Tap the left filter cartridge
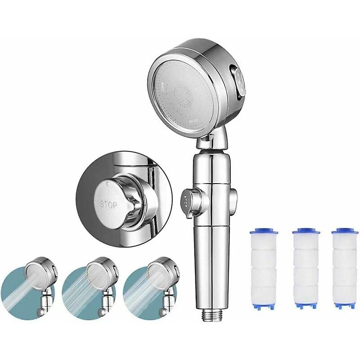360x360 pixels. tap(264, 269)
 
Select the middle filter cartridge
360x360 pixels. tap(306, 269)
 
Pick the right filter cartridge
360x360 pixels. tap(345, 269)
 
